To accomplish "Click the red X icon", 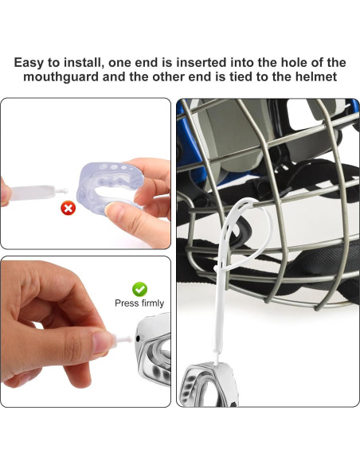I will coord(68,209).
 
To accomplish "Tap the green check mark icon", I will coord(139,289).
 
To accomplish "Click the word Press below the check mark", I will coord(125,303).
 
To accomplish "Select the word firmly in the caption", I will coord(151,303).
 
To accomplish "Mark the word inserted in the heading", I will coord(209,62).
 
